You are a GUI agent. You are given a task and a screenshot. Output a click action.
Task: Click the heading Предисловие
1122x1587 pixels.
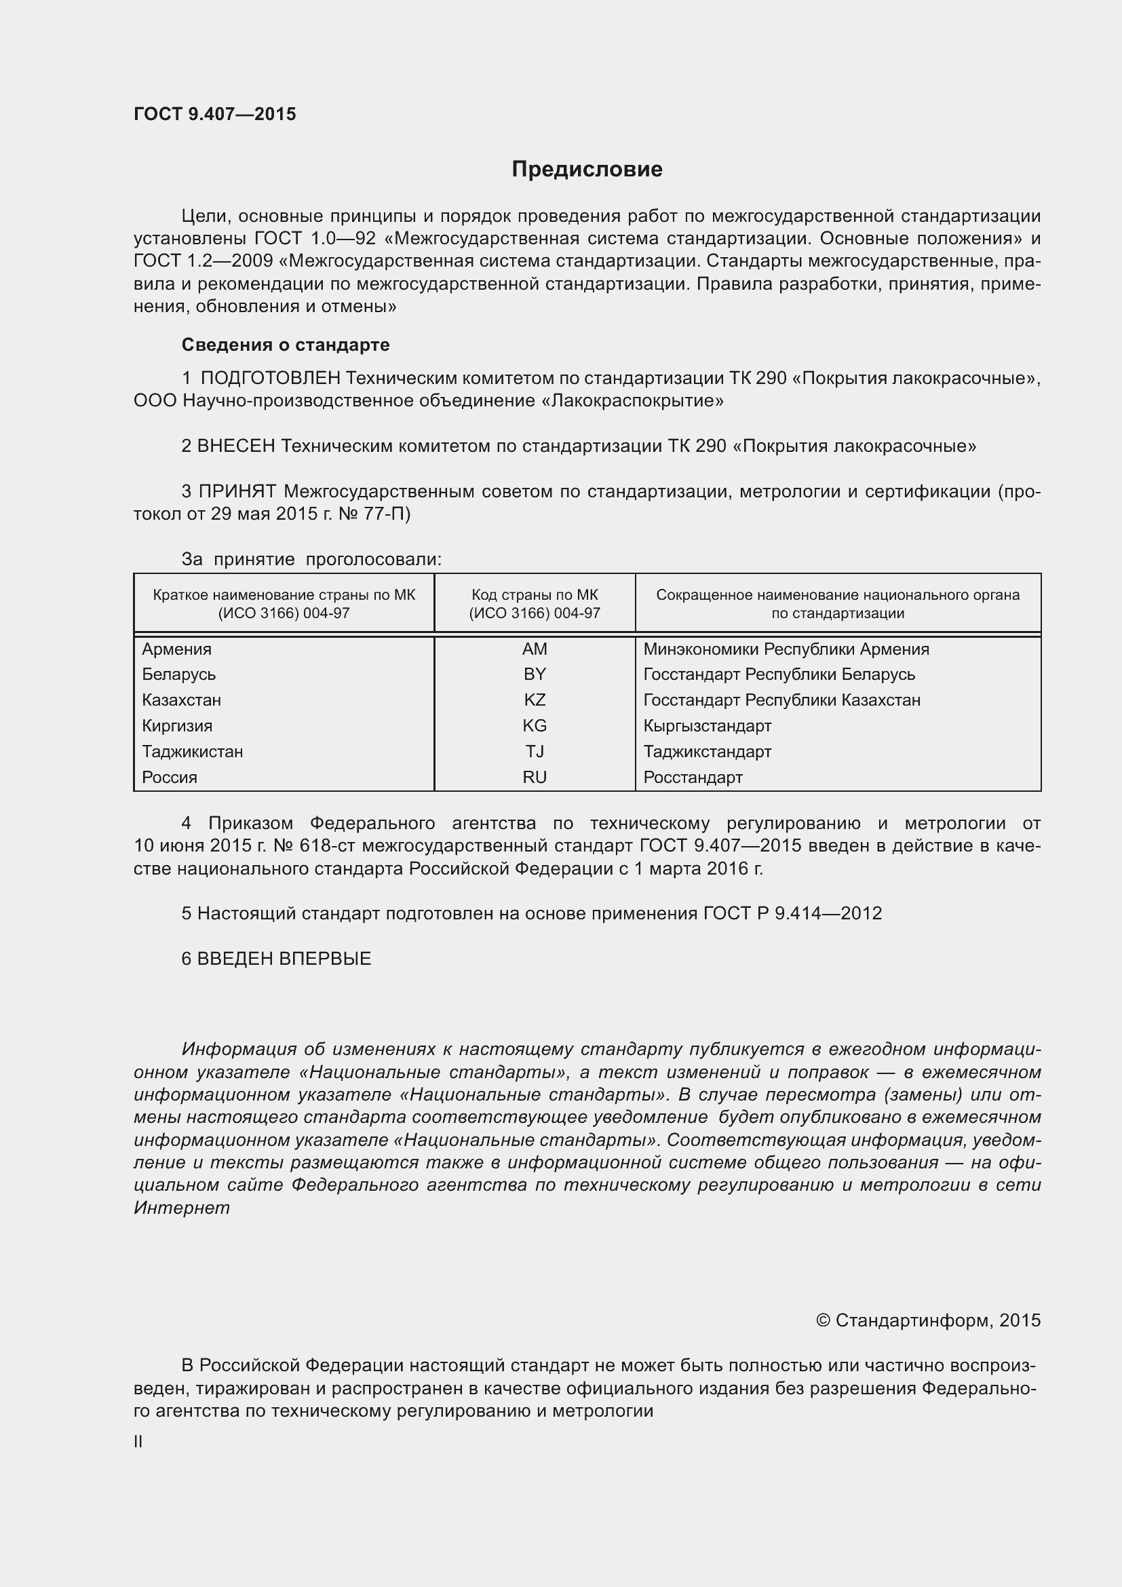(x=587, y=170)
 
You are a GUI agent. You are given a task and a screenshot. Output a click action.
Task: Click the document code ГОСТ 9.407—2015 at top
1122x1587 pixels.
(x=214, y=114)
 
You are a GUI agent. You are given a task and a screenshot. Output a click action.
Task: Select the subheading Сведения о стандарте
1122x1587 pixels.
(x=286, y=344)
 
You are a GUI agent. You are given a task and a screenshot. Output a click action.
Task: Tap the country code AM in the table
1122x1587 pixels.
(x=534, y=649)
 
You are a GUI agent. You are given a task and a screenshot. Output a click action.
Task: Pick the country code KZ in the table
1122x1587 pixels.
(x=534, y=700)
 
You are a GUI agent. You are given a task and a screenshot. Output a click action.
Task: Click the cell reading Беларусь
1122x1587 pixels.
(x=179, y=674)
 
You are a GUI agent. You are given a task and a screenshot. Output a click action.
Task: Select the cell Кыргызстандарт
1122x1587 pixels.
(x=707, y=726)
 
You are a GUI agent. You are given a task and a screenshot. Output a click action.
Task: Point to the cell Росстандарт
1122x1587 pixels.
(x=693, y=777)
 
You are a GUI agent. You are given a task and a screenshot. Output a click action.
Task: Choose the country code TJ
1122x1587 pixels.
(x=534, y=751)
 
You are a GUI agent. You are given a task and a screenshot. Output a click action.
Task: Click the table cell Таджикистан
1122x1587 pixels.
(x=192, y=751)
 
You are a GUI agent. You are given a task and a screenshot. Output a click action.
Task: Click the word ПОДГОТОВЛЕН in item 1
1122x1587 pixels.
(x=270, y=378)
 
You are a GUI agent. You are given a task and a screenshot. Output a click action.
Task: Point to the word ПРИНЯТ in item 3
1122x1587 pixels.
(x=237, y=491)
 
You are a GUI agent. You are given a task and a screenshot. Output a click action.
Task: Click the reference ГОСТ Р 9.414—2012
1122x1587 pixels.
(x=792, y=913)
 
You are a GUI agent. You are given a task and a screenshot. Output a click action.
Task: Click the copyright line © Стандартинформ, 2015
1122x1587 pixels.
(x=928, y=1320)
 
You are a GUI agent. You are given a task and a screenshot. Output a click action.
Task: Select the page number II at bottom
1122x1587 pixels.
(x=138, y=1441)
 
